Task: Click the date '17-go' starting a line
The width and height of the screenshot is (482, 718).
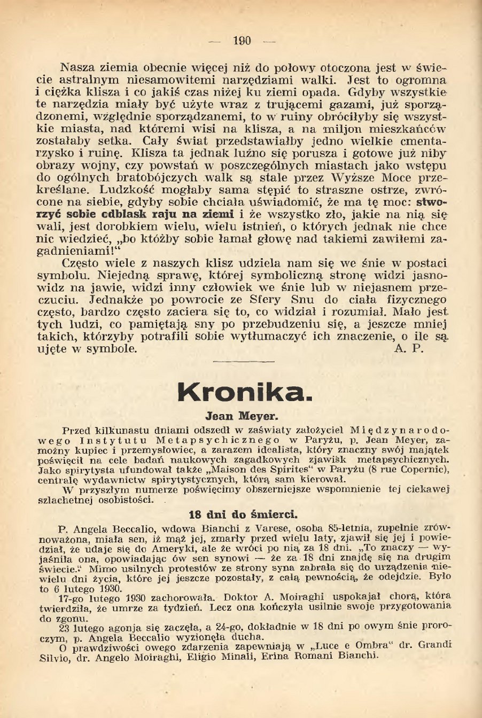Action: (x=71, y=596)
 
